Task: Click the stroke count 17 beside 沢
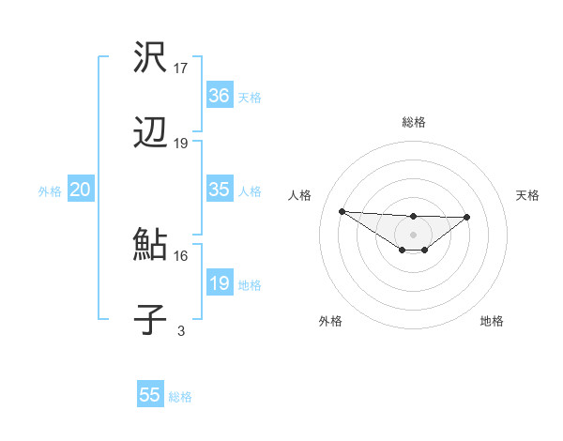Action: point(181,68)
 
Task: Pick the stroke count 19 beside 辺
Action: point(181,144)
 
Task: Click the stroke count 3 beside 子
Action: point(181,330)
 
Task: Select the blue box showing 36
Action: point(219,96)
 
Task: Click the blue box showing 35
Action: point(219,190)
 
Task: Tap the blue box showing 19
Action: point(219,283)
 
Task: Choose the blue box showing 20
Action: point(80,190)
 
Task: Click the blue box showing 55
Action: point(149,395)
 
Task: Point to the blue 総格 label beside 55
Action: point(180,397)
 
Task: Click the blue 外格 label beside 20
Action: point(50,191)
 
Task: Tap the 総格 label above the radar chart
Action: point(413,122)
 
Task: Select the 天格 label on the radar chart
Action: point(528,195)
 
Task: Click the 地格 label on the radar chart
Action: point(492,321)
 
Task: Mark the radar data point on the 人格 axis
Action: point(342,211)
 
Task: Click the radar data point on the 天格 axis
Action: point(467,217)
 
